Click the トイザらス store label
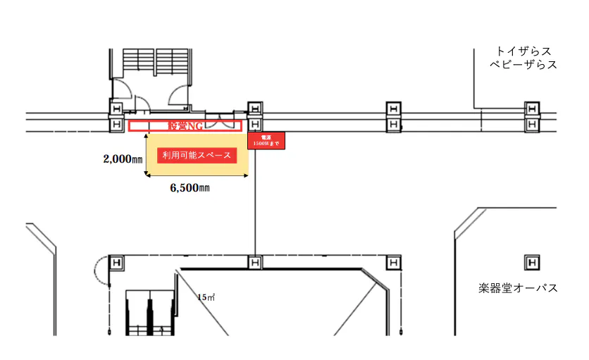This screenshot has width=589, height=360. [523, 51]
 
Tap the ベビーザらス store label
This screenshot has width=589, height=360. [523, 65]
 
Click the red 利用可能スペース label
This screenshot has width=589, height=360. [197, 155]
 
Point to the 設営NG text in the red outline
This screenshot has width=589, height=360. [185, 126]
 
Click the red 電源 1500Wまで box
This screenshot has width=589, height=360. [266, 141]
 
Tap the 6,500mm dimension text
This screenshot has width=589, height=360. [190, 188]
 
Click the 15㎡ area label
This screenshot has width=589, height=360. [206, 297]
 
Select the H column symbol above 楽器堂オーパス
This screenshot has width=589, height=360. [532, 263]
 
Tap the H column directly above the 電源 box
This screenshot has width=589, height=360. [254, 108]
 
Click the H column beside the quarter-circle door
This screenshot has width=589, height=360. [116, 263]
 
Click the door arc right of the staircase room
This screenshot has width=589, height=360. [178, 94]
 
